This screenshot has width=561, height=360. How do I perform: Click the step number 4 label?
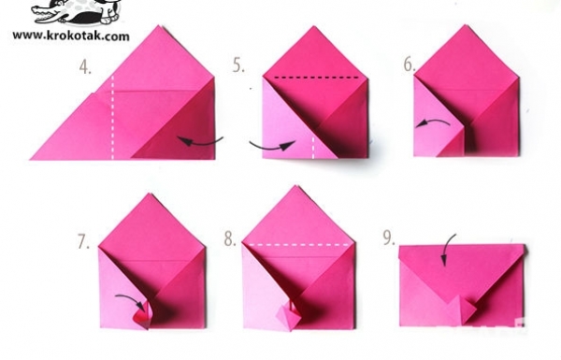tap(85, 67)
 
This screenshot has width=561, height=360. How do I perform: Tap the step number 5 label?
tap(238, 65)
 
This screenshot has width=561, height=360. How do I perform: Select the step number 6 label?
tap(410, 65)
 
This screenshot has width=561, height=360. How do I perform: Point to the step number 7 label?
tap(83, 242)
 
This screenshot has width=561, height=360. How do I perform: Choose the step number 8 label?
tap(230, 238)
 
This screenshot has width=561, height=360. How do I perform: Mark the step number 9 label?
tap(389, 238)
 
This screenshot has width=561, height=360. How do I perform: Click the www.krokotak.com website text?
tap(71, 36)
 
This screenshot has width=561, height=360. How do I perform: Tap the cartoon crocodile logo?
tap(77, 12)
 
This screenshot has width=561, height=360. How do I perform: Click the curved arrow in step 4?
tap(200, 141)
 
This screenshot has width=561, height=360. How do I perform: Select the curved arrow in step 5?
tap(272, 147)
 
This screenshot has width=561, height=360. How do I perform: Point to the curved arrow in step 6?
tap(433, 122)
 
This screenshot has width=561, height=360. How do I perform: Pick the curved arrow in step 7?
tap(133, 297)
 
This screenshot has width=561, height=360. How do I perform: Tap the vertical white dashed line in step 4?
tap(113, 117)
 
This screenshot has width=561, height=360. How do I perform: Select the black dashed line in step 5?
tap(316, 77)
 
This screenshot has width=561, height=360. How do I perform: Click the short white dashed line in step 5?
tap(313, 147)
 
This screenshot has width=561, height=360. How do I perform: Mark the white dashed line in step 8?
tap(299, 245)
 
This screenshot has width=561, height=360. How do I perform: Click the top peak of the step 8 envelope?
tap(295, 186)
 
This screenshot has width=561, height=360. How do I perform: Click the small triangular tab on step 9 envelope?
tap(465, 309)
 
